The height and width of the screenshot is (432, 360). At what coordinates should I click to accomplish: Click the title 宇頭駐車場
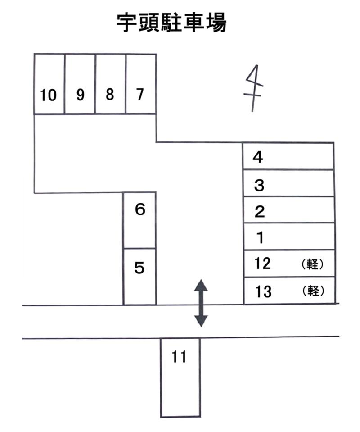point(171,23)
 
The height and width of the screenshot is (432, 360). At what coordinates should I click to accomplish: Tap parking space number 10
point(49,84)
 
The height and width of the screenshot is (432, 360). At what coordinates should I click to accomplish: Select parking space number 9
point(80,84)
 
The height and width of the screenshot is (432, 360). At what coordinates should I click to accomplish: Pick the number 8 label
point(110,94)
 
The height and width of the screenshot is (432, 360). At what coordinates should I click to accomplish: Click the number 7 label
point(140,94)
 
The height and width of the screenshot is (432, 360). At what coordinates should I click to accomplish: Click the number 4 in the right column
point(257,157)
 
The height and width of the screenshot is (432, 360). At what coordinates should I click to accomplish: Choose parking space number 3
point(289,183)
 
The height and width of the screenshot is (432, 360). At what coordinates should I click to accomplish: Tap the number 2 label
point(260,212)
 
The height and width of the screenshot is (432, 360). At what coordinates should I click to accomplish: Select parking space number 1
point(289,236)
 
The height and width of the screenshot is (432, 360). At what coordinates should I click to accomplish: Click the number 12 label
point(262,264)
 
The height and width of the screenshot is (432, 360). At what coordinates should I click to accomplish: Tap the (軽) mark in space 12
point(312,264)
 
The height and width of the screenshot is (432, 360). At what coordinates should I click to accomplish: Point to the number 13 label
point(263,291)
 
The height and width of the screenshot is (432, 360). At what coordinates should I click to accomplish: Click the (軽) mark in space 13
point(313,291)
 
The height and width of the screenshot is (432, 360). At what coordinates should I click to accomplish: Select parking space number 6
point(140,220)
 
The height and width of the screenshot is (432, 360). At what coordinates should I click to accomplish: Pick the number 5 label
point(139,268)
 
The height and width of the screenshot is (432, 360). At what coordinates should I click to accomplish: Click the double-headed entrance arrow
point(201,303)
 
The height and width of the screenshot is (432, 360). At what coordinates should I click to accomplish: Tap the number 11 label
point(179,356)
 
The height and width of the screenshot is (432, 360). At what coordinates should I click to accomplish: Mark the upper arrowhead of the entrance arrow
point(201,285)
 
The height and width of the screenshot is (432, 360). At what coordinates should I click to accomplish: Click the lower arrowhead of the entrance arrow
point(201,321)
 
